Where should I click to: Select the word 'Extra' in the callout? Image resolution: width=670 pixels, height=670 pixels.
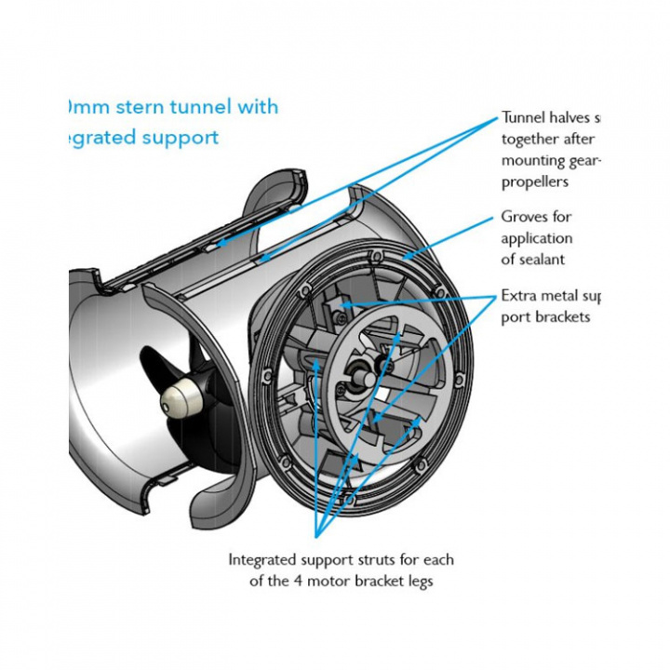(517, 296)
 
